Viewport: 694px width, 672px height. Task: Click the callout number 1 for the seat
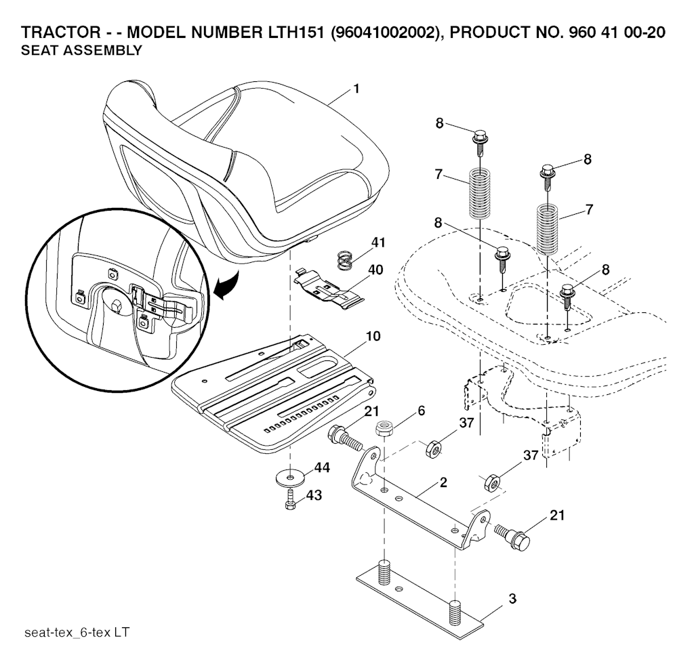point(356,89)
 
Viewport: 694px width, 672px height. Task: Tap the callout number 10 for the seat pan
point(373,336)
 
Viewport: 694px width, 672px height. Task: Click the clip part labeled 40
point(329,290)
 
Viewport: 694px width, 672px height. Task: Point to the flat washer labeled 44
point(290,478)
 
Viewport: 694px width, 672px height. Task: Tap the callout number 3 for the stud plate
point(512,599)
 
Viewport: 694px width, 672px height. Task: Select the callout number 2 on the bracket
point(443,482)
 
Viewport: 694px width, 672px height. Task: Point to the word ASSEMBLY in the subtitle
point(103,50)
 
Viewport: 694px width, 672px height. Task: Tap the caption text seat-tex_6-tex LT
point(77,632)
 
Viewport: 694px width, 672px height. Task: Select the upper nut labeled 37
point(433,450)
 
